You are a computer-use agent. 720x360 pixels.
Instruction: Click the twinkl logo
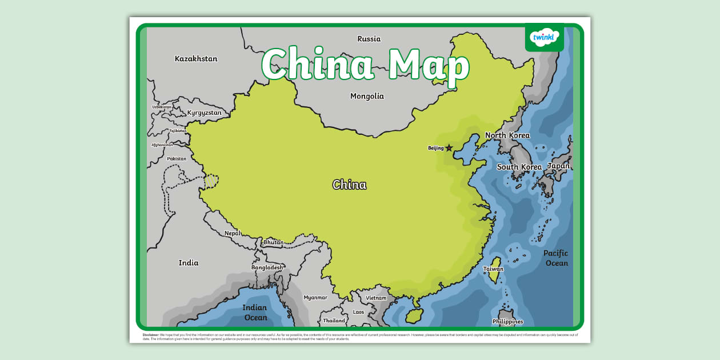(544, 38)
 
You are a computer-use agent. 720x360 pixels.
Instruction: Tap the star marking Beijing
(449, 148)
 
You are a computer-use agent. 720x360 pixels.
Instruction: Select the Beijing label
(435, 148)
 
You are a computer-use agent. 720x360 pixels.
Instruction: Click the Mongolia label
(367, 96)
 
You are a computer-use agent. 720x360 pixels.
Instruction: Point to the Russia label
(369, 39)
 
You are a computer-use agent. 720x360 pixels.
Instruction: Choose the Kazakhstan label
(196, 58)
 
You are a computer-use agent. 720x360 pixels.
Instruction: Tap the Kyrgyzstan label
(204, 113)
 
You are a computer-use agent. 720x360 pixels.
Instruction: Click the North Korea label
(507, 135)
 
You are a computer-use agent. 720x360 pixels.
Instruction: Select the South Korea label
(519, 167)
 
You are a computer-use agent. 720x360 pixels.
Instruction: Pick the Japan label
(558, 166)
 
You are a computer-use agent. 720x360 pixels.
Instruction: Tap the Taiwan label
(493, 269)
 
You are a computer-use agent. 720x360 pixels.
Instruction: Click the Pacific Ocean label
(555, 258)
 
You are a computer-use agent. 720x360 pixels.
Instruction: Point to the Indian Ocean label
(255, 313)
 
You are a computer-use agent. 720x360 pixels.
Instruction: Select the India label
(188, 263)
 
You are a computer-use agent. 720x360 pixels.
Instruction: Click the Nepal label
(232, 233)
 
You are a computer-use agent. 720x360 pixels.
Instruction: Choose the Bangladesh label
(267, 267)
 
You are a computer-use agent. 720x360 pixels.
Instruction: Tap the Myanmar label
(315, 297)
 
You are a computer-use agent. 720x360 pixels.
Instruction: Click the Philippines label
(507, 322)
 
